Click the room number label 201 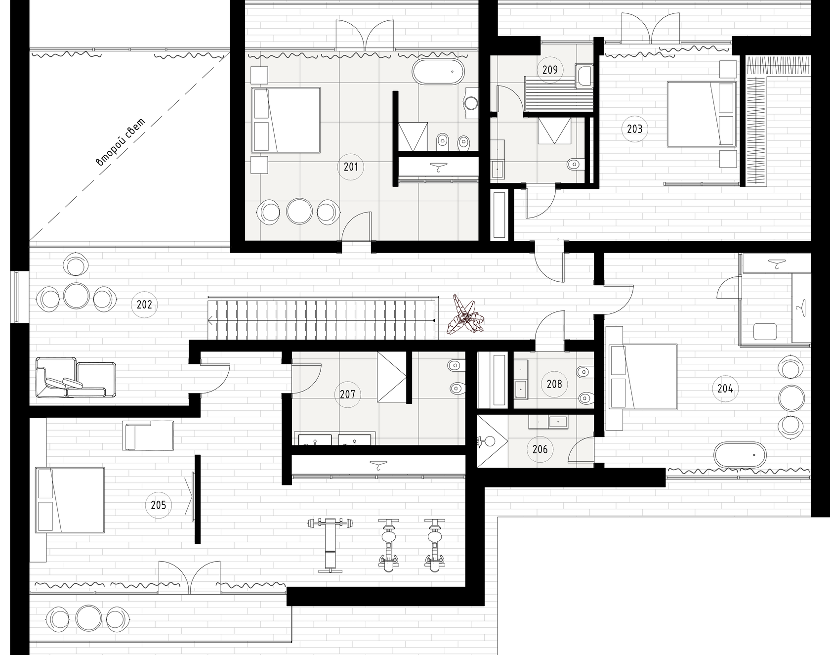pyautogui.click(x=351, y=167)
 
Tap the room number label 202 pyautogui.click(x=144, y=305)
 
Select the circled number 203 pyautogui.click(x=634, y=129)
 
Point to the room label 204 pyautogui.click(x=725, y=389)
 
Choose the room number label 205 pyautogui.click(x=158, y=505)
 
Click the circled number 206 pyautogui.click(x=540, y=449)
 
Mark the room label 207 pyautogui.click(x=348, y=394)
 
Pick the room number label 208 pyautogui.click(x=554, y=384)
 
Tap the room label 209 pyautogui.click(x=550, y=70)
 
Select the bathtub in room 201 pyautogui.click(x=439, y=72)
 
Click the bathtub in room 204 pyautogui.click(x=740, y=455)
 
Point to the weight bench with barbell pyautogui.click(x=331, y=545)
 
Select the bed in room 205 pyautogui.click(x=70, y=500)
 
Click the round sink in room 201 pyautogui.click(x=471, y=103)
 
